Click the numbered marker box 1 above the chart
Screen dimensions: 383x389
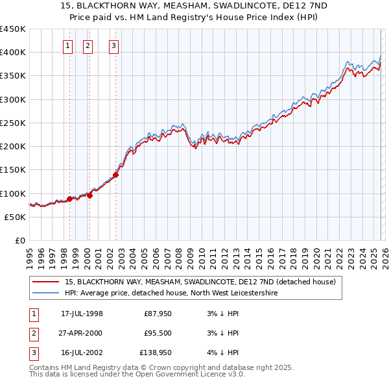coord(68,45)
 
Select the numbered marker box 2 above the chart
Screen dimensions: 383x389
coord(88,45)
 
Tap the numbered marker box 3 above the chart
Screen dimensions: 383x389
coord(113,45)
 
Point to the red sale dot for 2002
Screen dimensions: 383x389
coord(115,175)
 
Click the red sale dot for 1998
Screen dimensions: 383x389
coord(69,199)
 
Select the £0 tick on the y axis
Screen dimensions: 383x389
coord(20,241)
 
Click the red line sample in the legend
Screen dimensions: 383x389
coord(46,282)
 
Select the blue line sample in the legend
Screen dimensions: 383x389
coord(46,293)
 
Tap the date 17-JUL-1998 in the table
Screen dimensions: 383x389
coord(82,314)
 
